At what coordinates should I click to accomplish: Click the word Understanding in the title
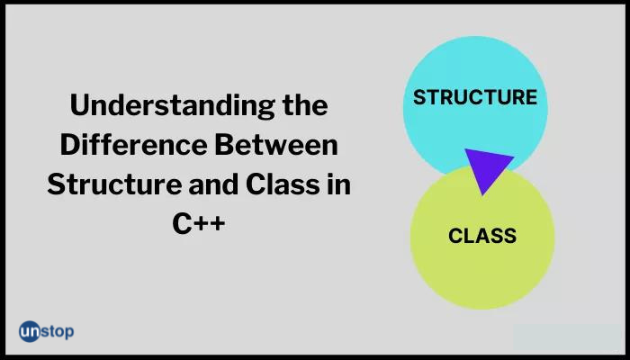pos(173,105)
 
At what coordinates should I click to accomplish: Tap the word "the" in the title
pos(305,104)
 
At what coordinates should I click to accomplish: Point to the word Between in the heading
pos(276,145)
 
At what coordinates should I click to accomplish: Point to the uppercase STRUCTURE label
pos(475,97)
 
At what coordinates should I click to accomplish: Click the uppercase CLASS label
pos(482,236)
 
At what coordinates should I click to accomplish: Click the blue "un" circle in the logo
pos(30,331)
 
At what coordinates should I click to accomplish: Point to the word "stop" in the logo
pos(58,332)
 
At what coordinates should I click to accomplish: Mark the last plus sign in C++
pos(216,223)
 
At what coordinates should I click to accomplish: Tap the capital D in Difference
pos(70,145)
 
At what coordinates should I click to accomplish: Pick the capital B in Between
pos(224,145)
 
